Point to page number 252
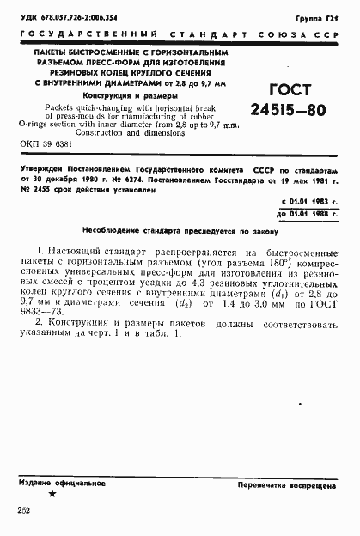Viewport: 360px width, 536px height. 23,511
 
